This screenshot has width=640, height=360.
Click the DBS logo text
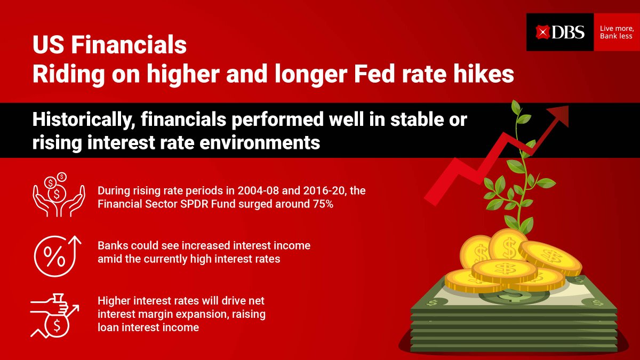click(568, 33)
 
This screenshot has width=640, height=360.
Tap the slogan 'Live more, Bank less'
click(616, 33)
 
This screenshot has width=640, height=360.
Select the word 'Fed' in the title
click(348, 75)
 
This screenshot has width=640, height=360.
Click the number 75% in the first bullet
click(323, 204)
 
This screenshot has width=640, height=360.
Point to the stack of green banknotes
click(512, 315)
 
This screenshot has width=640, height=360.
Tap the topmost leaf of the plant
click(517, 106)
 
